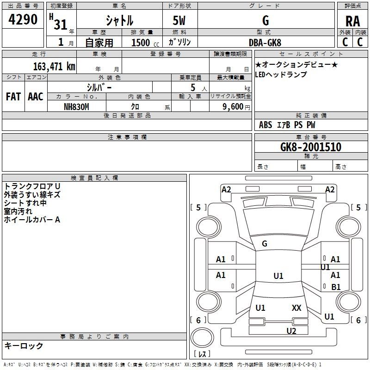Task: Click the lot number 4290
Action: [x=23, y=20]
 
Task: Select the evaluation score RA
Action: [x=352, y=21]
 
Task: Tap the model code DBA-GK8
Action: [x=265, y=43]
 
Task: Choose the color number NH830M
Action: [x=76, y=106]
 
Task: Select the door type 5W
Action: [x=179, y=21]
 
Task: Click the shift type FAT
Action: [x=13, y=96]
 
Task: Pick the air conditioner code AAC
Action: [x=35, y=96]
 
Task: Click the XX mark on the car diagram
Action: [x=296, y=308]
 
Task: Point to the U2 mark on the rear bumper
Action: [x=291, y=330]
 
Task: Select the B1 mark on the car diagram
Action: [x=336, y=287]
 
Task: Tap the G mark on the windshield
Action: [x=265, y=243]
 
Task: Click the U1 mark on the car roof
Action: [x=278, y=276]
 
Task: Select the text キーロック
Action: [x=24, y=345]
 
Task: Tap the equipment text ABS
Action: [x=265, y=124]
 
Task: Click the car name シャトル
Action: [x=119, y=21]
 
